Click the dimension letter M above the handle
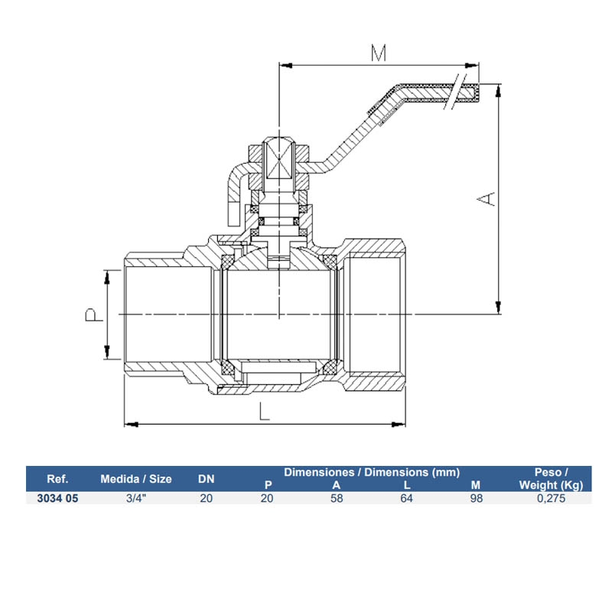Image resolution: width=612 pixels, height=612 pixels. pyautogui.click(x=378, y=53)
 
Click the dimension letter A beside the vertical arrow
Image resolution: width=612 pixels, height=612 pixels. pyautogui.click(x=487, y=198)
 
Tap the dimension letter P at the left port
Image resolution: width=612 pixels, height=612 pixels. pyautogui.click(x=91, y=314)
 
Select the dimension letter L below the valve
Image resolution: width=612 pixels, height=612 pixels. pyautogui.click(x=263, y=412)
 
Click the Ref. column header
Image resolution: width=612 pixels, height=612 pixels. pyautogui.click(x=58, y=480)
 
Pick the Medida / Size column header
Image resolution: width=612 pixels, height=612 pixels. pyautogui.click(x=136, y=480)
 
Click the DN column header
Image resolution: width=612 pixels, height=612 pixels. pyautogui.click(x=207, y=480)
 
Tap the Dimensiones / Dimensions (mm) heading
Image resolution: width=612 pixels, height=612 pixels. pyautogui.click(x=372, y=472)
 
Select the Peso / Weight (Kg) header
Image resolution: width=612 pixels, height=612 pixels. pyautogui.click(x=551, y=479)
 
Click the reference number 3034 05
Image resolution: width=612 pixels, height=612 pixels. pyautogui.click(x=58, y=498)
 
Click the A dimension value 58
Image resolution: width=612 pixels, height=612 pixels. pyautogui.click(x=337, y=498)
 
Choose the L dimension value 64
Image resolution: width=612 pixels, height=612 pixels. pyautogui.click(x=406, y=498)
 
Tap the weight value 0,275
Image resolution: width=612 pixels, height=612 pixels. pyautogui.click(x=551, y=498)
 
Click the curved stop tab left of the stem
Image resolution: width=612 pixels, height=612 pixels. pyautogui.click(x=238, y=191)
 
